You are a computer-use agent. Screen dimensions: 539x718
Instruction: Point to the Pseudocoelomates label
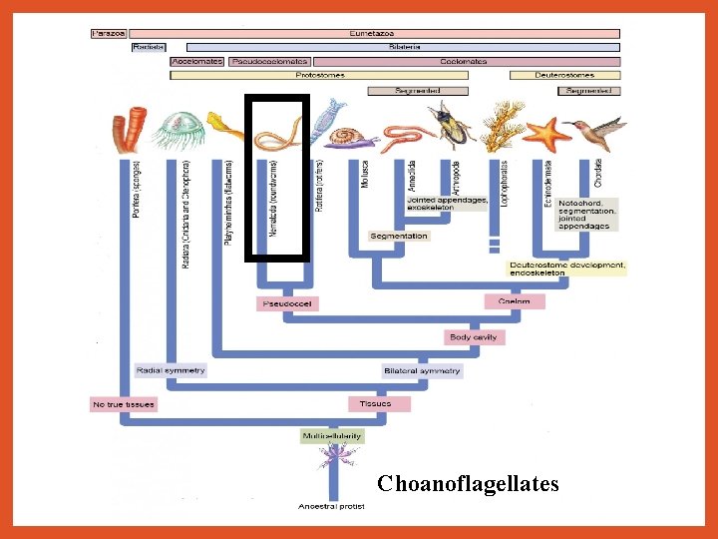click(269, 61)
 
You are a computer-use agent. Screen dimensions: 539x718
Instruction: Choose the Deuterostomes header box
click(564, 75)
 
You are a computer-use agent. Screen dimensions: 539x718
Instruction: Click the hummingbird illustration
click(595, 130)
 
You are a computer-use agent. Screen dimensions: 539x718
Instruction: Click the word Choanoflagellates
click(468, 484)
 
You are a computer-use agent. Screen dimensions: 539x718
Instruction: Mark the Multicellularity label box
click(332, 436)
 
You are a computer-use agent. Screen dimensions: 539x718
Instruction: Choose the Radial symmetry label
click(171, 370)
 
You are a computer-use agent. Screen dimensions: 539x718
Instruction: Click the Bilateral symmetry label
click(423, 371)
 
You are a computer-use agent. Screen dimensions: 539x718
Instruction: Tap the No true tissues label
click(124, 404)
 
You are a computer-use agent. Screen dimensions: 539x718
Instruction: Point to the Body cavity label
click(474, 337)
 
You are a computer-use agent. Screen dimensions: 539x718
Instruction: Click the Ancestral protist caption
click(332, 506)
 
